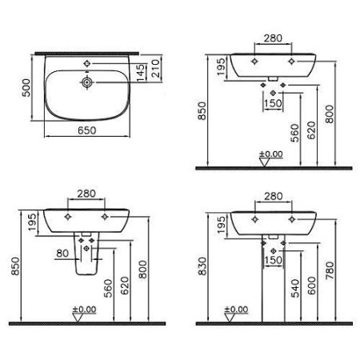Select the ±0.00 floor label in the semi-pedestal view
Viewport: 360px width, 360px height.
coord(86,309)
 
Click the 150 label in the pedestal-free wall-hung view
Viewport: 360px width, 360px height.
coord(273,102)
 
